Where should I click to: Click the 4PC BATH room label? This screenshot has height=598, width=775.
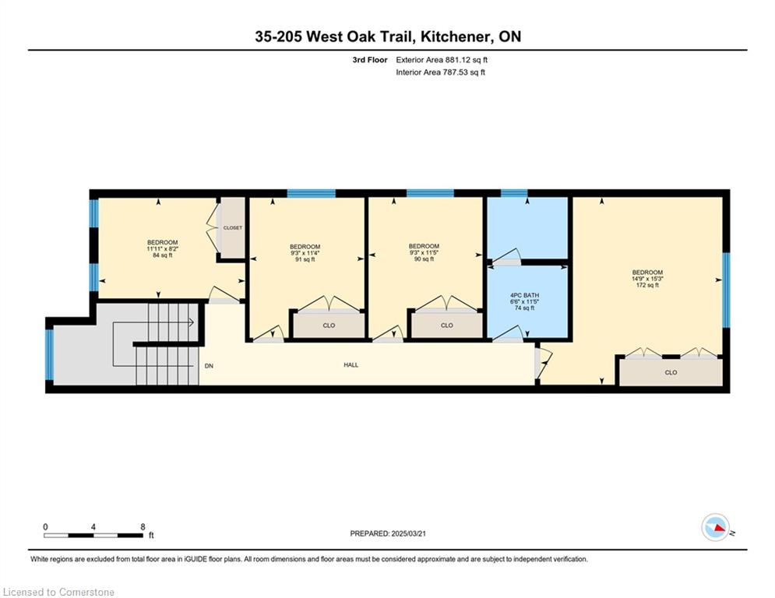coord(524,295)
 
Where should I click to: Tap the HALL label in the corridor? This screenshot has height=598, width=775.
coord(351,365)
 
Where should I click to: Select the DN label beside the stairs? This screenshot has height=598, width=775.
coord(209,366)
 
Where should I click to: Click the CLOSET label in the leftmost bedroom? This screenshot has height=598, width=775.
coord(233,228)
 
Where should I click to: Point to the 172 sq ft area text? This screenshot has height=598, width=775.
coord(647,285)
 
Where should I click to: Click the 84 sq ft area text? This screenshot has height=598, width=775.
coord(163,255)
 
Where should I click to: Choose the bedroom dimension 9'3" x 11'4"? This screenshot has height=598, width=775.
coord(305,253)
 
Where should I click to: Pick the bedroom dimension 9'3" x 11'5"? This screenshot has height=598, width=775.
coord(424,252)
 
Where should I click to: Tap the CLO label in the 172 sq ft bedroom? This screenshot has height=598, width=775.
coord(671,373)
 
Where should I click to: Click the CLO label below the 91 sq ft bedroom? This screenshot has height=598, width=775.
coord(329,325)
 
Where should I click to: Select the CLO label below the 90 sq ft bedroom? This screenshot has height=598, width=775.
coord(447,325)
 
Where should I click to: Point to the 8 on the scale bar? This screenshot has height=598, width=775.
coord(143,527)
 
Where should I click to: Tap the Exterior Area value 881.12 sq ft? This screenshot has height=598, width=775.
coord(467,60)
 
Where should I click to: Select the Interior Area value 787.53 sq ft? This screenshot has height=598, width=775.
coord(464,72)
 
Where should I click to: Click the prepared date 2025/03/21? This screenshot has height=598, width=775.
coord(409,533)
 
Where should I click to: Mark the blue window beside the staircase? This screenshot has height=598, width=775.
coord(49,354)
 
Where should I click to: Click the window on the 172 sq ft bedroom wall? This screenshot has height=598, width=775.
coord(726,290)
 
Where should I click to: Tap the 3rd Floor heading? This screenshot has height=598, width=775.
coord(370,60)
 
